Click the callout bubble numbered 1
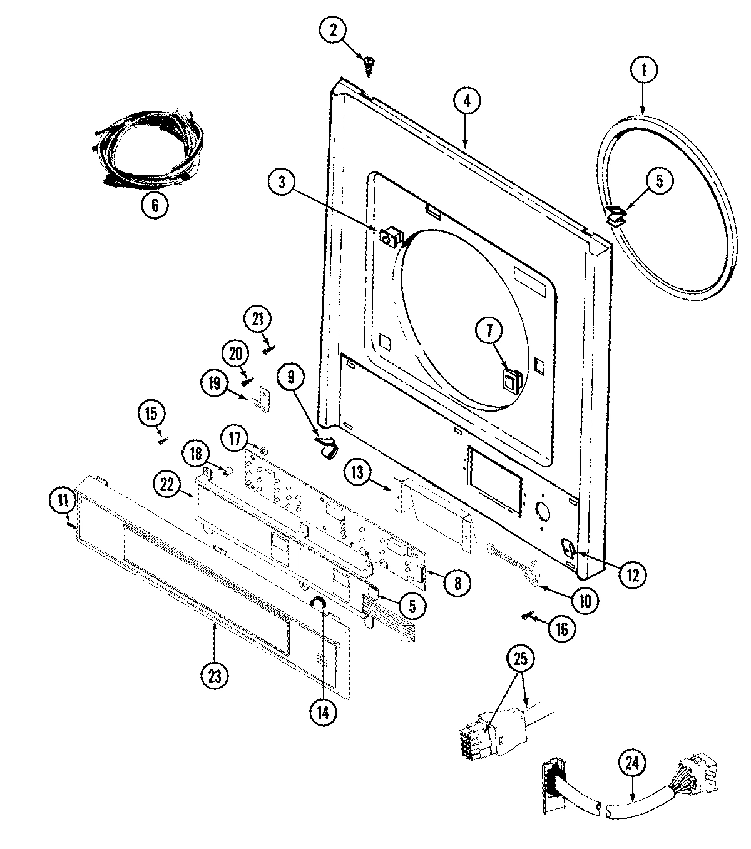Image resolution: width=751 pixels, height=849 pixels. [x=642, y=71]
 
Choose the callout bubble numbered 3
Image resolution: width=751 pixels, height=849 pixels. [x=282, y=182]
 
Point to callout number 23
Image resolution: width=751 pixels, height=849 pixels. [x=214, y=675]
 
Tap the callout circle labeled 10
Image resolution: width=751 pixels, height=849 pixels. [x=585, y=601]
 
